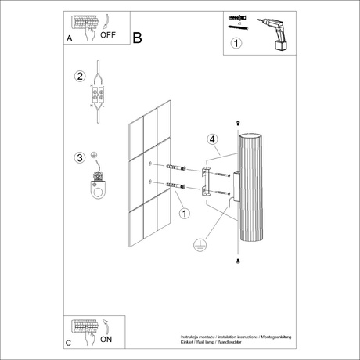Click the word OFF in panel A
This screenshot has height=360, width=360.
click(110, 34)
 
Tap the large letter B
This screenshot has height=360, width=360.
click(138, 37)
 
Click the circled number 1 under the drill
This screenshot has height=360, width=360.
click(236, 45)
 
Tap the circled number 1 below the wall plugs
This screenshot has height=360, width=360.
click(184, 212)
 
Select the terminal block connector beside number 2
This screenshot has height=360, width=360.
click(98, 95)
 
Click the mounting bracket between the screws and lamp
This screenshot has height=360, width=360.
click(206, 180)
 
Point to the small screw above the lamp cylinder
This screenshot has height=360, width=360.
click(236, 124)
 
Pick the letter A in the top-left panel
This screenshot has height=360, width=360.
click(70, 38)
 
